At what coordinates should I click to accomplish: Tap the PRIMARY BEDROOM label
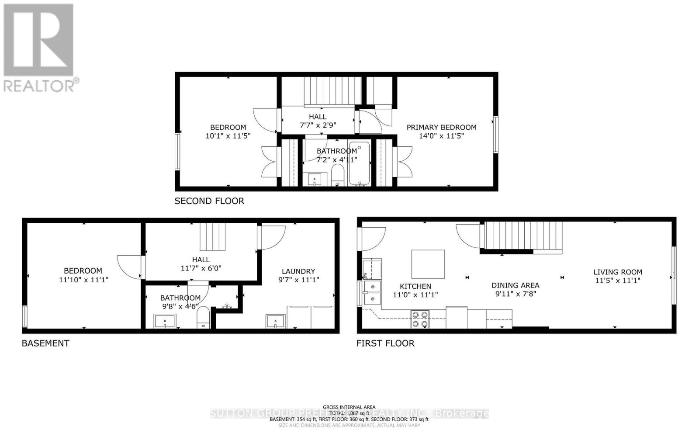pyautogui.click(x=441, y=127)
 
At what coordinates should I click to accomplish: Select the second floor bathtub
pyautogui.click(x=360, y=163)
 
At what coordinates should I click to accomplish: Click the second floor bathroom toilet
pyautogui.click(x=337, y=175)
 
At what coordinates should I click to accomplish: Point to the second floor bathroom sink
pyautogui.click(x=315, y=179)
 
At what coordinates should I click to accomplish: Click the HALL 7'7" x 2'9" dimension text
pyautogui.click(x=318, y=125)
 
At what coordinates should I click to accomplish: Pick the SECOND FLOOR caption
pyautogui.click(x=209, y=201)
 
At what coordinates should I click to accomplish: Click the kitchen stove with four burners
pyautogui.click(x=420, y=319)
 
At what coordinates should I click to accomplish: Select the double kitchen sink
pyautogui.click(x=372, y=292)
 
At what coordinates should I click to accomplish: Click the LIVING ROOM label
pyautogui.click(x=618, y=272)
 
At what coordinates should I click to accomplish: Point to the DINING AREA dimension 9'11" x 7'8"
pyautogui.click(x=516, y=294)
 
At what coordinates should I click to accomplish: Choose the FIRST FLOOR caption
pyautogui.click(x=385, y=343)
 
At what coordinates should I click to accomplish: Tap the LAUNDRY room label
pyautogui.click(x=298, y=271)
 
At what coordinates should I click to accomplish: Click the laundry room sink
pyautogui.click(x=276, y=321)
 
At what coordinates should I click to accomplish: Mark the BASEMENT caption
pyautogui.click(x=45, y=343)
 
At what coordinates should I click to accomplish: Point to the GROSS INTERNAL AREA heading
pyautogui.click(x=349, y=407)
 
